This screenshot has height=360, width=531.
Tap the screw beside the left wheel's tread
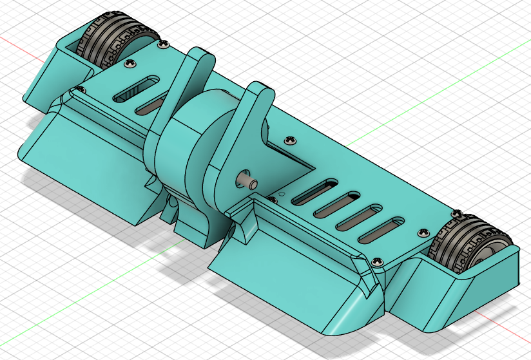point(162,44)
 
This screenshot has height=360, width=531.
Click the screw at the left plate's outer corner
point(80,88)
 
